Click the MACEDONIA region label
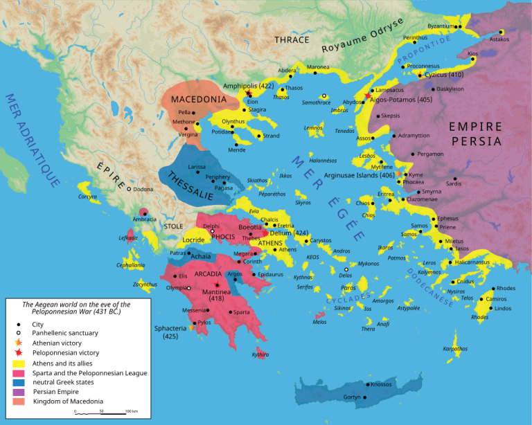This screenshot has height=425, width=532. (x=198, y=99)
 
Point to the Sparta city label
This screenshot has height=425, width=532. (x=241, y=312)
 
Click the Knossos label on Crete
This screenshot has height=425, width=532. (x=381, y=384)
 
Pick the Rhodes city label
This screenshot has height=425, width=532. (x=506, y=288)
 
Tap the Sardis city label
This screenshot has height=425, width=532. (x=453, y=183)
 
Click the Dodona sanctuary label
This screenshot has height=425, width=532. (x=143, y=189)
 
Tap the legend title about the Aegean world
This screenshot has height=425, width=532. (x=76, y=307)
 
